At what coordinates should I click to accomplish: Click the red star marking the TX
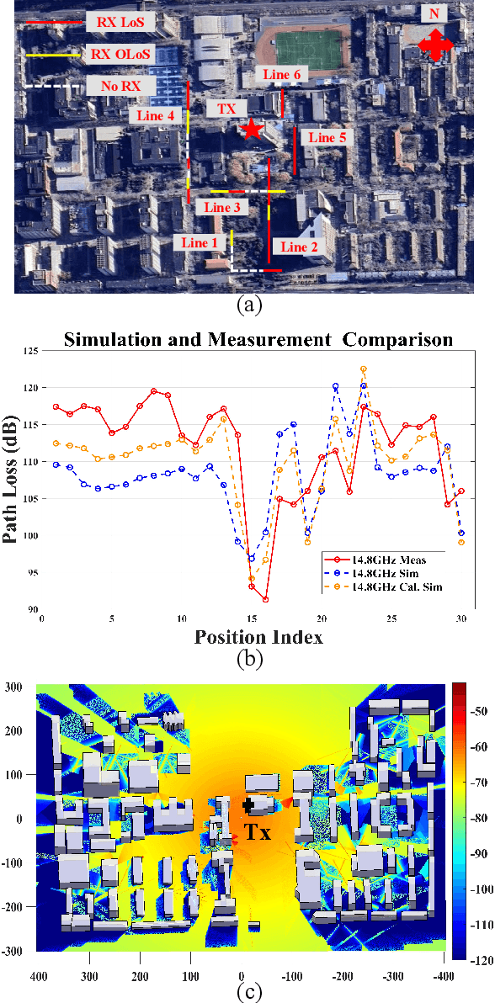tap(251, 129)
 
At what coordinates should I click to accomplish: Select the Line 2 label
tap(299, 247)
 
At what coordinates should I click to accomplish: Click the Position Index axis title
tap(258, 636)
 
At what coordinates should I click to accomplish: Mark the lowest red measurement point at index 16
tap(265, 600)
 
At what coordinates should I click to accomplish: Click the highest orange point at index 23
tap(364, 369)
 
